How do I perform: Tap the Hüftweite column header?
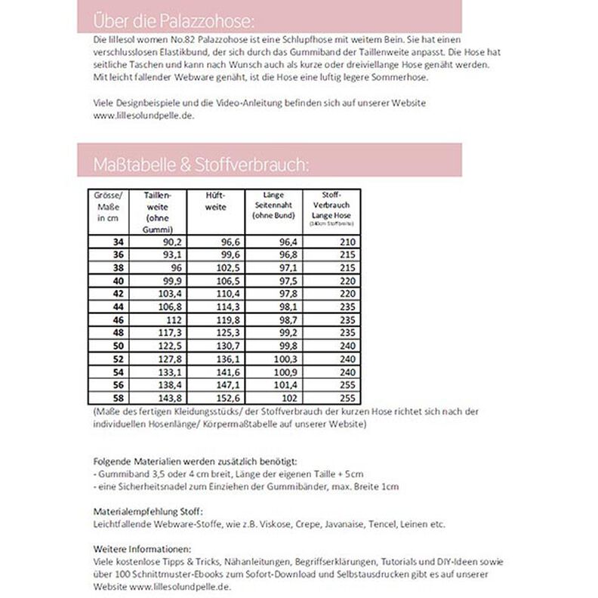tap(215, 200)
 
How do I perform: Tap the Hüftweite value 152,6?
tap(229, 399)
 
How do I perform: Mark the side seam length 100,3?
tap(287, 359)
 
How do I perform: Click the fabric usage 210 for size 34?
tap(347, 242)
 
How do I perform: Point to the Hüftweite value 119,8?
tap(229, 320)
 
